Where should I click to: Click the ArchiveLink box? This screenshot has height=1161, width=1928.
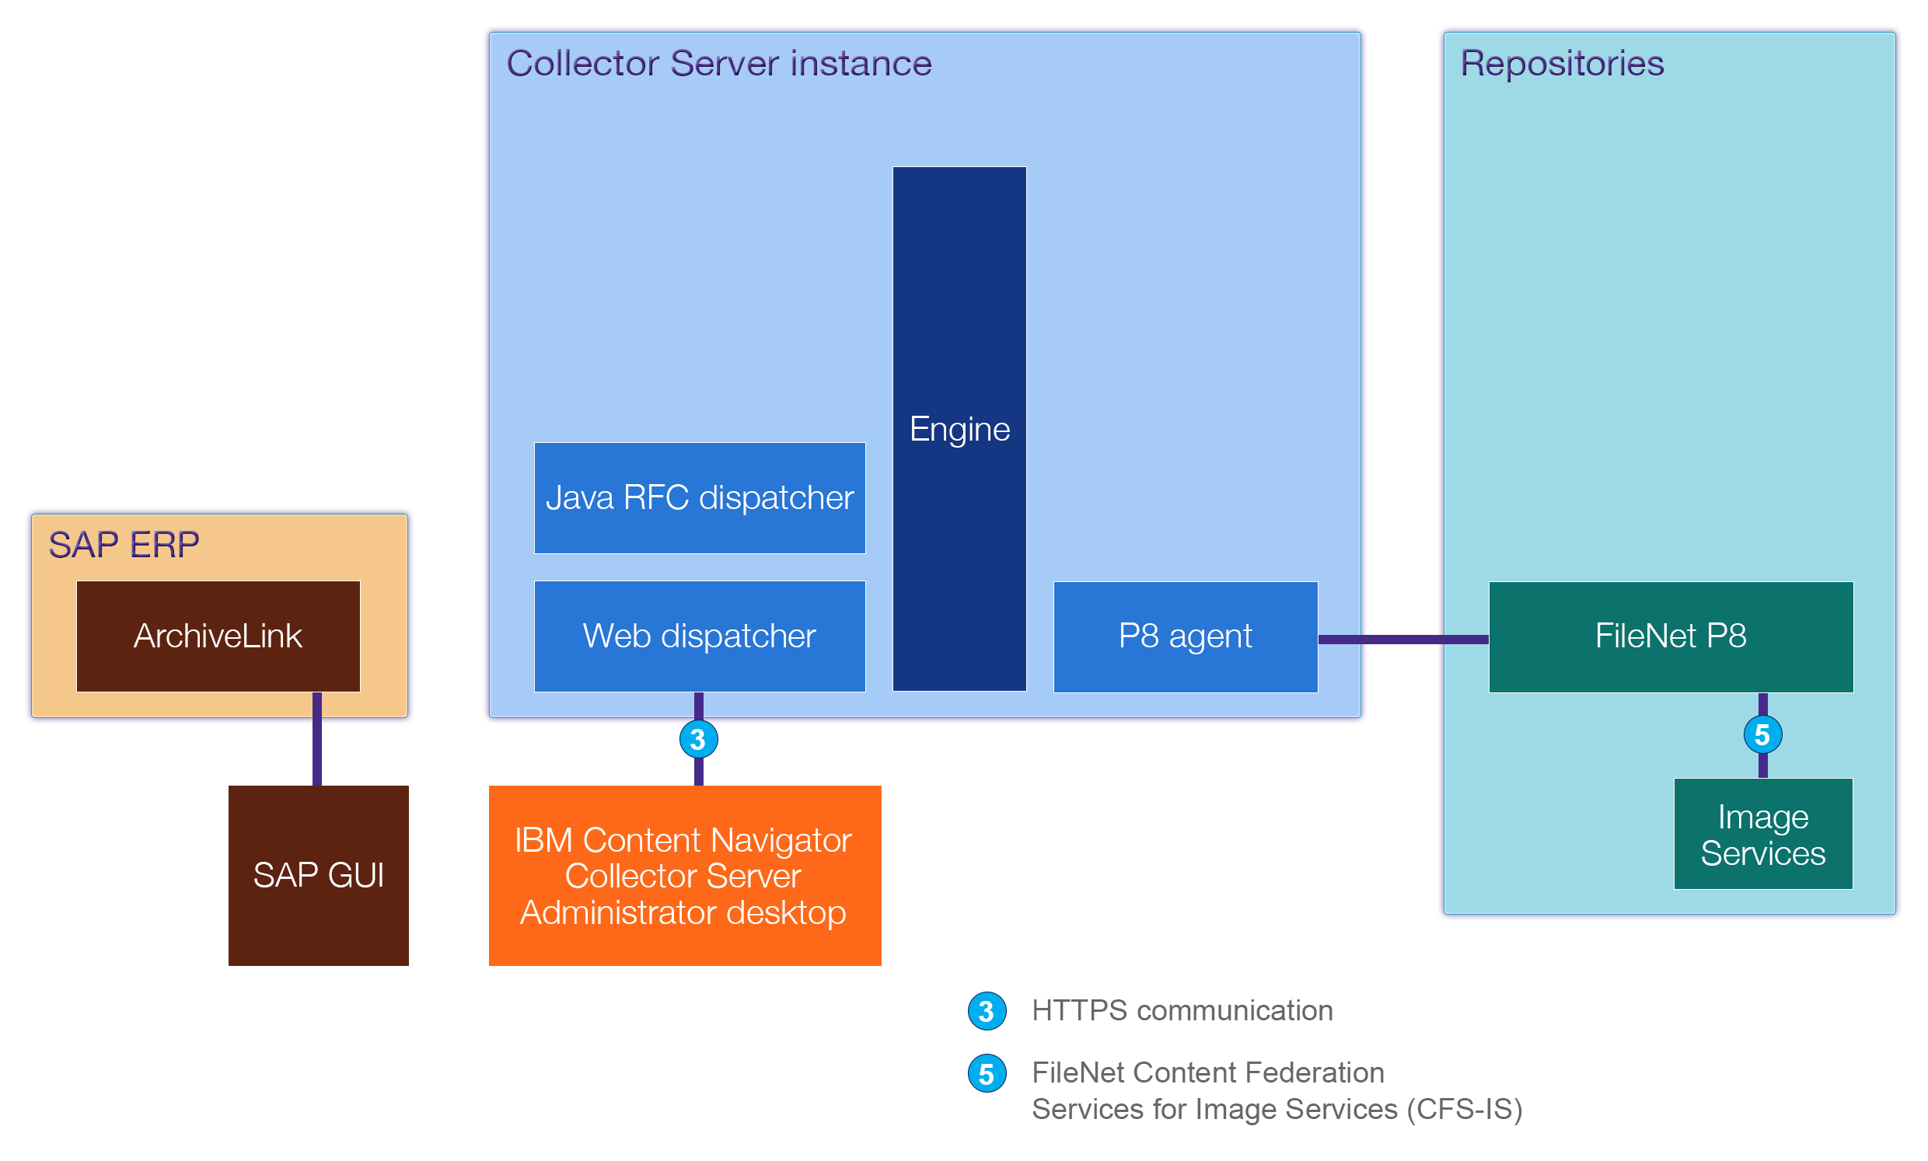(218, 636)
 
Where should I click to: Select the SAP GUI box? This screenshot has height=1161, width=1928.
(319, 876)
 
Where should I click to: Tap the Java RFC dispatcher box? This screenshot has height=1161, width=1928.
(700, 498)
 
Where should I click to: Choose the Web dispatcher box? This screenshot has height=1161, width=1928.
(700, 636)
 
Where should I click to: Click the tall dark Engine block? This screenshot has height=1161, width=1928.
(959, 429)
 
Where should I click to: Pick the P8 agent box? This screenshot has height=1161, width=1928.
(1185, 636)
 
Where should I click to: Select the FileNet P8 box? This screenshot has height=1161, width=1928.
(1670, 636)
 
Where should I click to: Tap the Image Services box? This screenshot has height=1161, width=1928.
(1762, 834)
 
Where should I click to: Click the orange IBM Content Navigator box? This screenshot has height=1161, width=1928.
(684, 876)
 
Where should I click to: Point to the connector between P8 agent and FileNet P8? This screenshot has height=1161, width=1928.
(1402, 640)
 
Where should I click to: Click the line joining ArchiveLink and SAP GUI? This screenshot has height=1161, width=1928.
(317, 739)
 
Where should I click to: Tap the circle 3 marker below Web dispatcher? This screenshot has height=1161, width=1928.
(698, 739)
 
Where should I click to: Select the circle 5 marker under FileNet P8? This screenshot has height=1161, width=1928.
(1762, 735)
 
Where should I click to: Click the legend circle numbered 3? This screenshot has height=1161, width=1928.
(987, 1012)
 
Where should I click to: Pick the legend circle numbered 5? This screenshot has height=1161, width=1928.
(987, 1074)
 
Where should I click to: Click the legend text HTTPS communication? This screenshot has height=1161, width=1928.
(1182, 1011)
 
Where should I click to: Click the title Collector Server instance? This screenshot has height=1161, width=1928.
(718, 64)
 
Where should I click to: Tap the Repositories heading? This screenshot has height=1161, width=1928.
(1561, 64)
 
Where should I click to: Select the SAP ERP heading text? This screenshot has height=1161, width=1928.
(124, 546)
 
